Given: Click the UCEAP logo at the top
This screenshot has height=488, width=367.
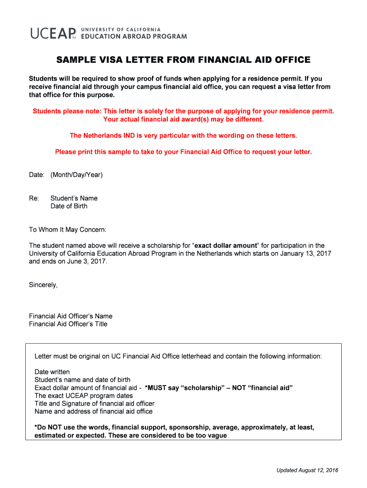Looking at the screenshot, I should (53, 33).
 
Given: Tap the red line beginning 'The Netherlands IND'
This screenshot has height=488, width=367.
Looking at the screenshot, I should (183, 136).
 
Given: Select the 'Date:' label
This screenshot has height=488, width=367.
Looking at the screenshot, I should (37, 175).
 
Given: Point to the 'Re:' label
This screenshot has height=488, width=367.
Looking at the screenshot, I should (34, 198).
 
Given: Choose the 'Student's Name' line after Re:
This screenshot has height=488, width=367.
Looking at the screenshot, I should (74, 198).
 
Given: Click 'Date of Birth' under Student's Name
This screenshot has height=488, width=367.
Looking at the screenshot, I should (69, 206).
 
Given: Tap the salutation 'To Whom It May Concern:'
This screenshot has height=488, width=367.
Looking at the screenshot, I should (68, 230).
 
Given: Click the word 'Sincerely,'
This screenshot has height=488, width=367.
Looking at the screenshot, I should (43, 285).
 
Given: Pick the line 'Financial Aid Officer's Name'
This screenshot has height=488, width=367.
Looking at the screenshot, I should (71, 316).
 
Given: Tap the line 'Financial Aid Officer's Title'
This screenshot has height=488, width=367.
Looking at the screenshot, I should (68, 324).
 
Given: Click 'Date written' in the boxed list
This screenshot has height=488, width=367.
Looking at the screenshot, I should (52, 372).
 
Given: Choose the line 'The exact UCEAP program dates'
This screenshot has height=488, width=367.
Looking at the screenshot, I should (83, 396).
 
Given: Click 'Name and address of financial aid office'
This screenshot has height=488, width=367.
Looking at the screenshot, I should (93, 411).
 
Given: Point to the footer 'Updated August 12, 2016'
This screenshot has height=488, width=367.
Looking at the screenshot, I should (307, 471).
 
